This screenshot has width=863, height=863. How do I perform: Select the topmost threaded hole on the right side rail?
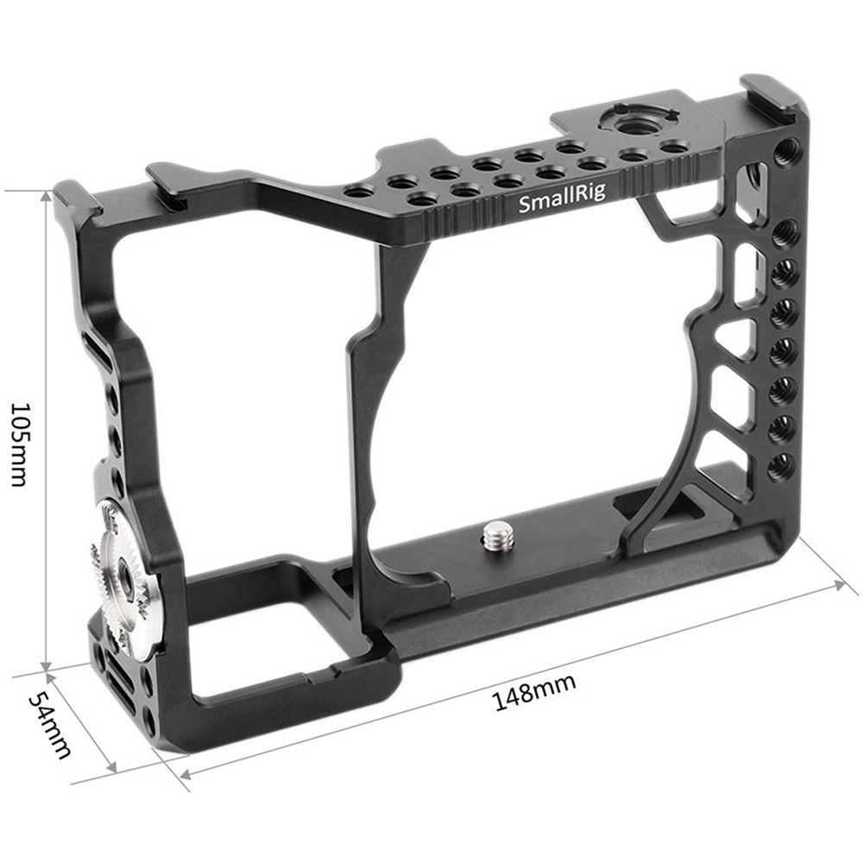[x=786, y=153]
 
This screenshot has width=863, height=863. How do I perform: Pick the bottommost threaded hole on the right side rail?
[x=781, y=465]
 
